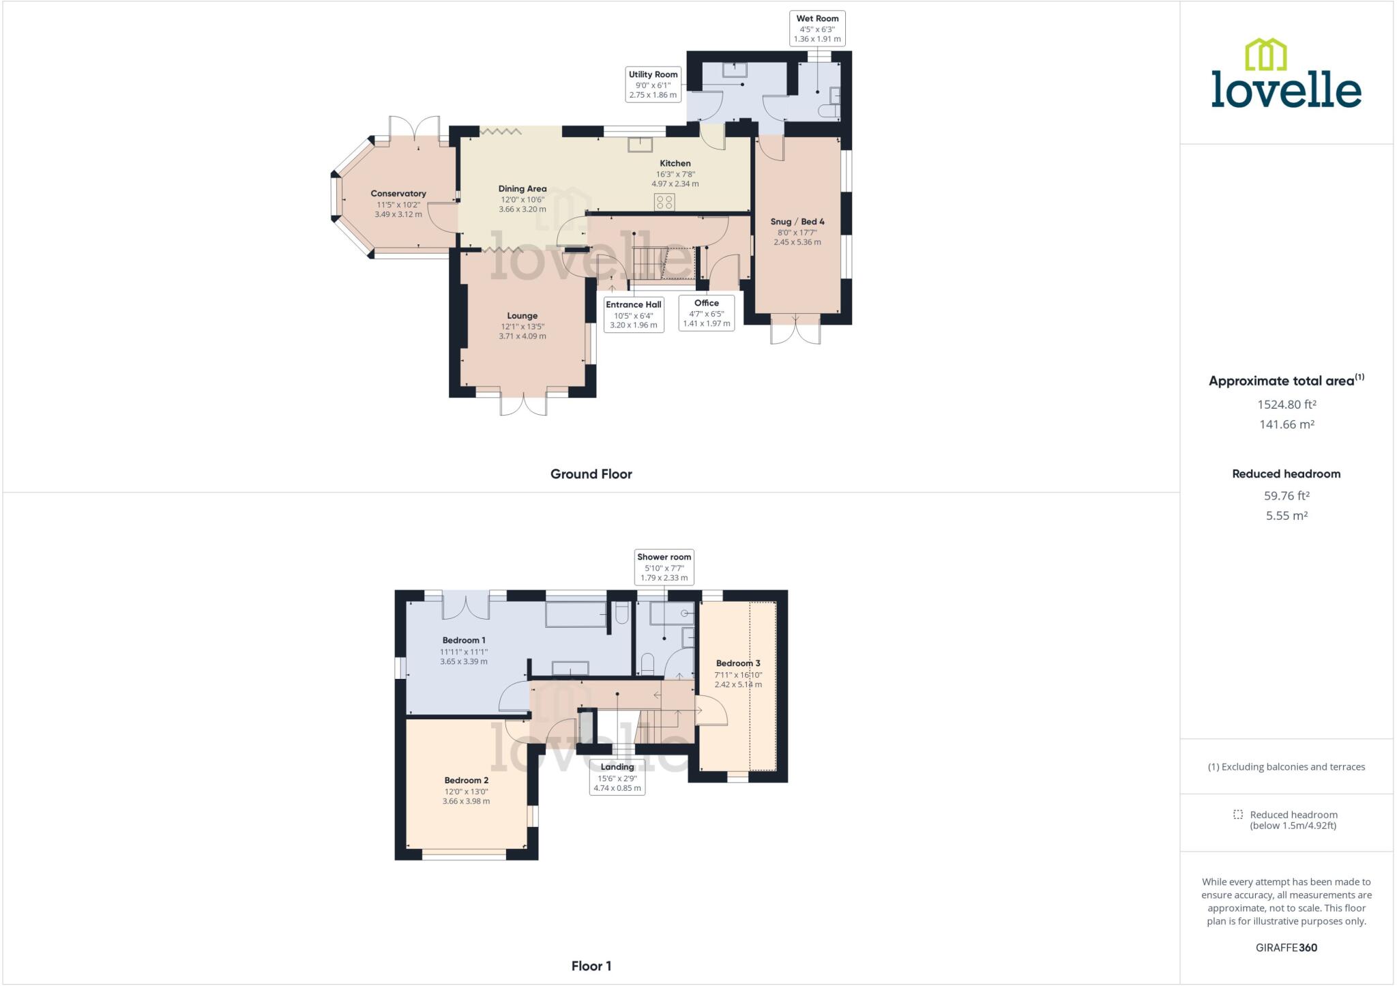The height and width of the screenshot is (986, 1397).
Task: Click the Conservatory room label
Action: pos(398,194)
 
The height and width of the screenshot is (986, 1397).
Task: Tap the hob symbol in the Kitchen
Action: pos(664,202)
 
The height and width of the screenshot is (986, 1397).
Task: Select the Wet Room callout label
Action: pos(817,19)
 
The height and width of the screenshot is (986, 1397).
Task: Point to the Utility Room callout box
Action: pos(653,85)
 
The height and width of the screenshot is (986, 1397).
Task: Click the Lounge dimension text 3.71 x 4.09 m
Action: pos(522,336)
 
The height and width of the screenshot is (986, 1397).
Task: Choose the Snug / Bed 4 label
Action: pos(797,222)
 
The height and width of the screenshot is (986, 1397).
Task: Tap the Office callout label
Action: pos(706,303)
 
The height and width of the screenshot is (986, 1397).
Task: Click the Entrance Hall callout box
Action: pos(634,315)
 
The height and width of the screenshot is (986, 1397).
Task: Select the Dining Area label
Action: pos(522,189)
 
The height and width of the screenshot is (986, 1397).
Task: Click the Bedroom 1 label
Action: pos(464,640)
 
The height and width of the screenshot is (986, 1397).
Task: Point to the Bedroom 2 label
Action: pos(466,781)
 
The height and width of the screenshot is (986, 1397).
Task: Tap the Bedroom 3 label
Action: pos(738,663)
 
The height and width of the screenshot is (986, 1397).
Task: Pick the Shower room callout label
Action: pos(664,557)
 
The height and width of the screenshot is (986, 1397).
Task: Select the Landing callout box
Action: pos(617,777)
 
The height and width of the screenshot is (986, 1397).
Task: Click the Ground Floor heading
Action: pos(591,474)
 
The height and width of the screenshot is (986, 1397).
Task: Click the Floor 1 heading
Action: pos(591,966)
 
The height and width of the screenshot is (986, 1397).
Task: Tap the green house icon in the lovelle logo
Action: pos(1266,55)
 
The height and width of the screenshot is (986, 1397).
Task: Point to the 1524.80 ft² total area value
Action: pos(1286,405)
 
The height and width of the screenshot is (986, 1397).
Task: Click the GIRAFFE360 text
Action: pos(1286,948)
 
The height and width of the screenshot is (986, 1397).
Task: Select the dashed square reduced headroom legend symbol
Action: pos(1238,815)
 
